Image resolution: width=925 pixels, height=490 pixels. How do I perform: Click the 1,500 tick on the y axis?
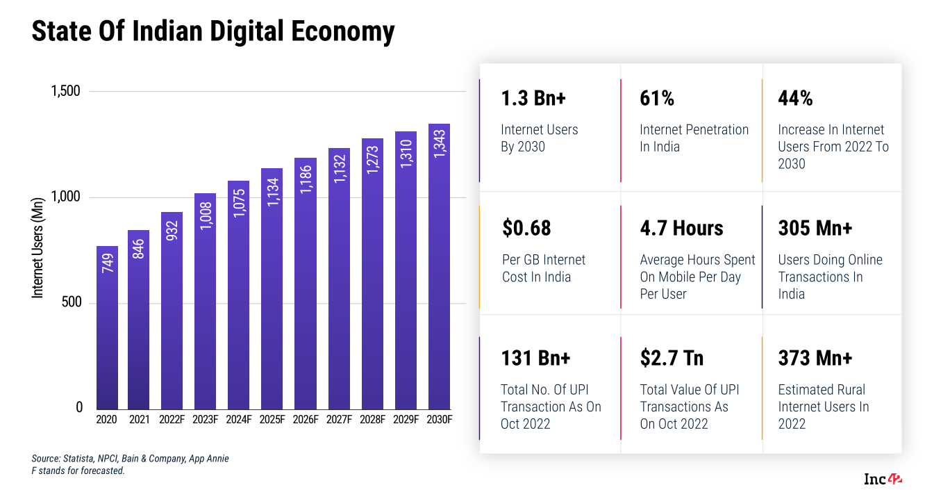pyautogui.click(x=67, y=91)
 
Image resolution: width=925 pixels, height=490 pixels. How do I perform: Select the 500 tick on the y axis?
pyautogui.click(x=72, y=302)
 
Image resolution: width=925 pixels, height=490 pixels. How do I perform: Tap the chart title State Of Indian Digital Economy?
pyautogui.click(x=213, y=31)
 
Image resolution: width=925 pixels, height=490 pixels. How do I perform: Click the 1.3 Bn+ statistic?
pyautogui.click(x=533, y=99)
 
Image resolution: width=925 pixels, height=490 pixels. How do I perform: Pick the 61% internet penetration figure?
pyautogui.click(x=657, y=99)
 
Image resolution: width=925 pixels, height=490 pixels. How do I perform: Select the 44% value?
pyautogui.click(x=795, y=99)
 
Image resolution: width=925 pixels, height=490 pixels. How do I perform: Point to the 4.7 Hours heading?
pyautogui.click(x=681, y=228)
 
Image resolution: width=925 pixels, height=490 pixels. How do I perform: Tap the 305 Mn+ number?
pyautogui.click(x=815, y=228)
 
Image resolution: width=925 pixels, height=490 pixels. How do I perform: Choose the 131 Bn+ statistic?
pyautogui.click(x=535, y=358)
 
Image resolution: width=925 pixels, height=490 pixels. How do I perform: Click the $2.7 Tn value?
pyautogui.click(x=672, y=358)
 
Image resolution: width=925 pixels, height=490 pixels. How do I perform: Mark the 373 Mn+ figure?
pyautogui.click(x=815, y=358)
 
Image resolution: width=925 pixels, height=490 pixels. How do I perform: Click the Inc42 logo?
pyautogui.click(x=883, y=479)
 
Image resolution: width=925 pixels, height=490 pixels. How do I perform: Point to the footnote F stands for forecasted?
pyautogui.click(x=78, y=471)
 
